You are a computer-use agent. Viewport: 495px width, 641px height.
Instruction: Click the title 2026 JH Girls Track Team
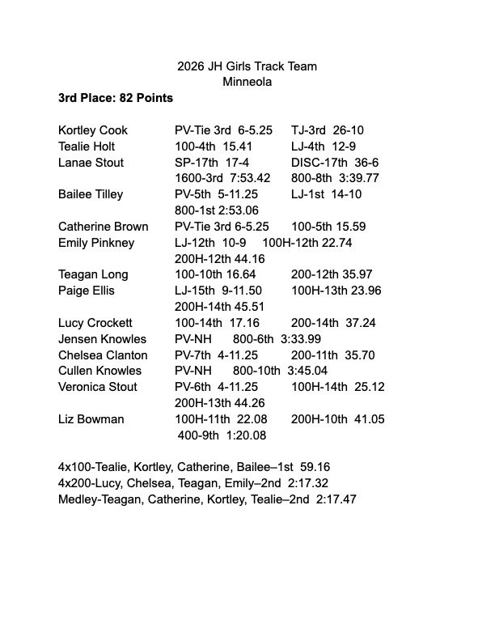coord(247,66)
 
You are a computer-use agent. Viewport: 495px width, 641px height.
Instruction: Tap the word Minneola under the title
coord(247,82)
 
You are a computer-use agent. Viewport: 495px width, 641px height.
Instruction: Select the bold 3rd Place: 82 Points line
coord(116,98)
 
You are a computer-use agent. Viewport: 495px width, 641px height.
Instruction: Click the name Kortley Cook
coord(93,130)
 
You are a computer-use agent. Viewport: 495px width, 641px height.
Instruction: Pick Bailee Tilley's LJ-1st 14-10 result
coord(326,194)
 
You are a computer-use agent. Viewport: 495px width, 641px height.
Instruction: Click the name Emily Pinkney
coord(96,243)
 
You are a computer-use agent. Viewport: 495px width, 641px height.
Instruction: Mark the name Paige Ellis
coord(87,291)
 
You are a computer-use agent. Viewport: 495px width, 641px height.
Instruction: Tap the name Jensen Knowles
coord(102,339)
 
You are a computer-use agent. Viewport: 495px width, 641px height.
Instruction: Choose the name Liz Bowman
coord(91,419)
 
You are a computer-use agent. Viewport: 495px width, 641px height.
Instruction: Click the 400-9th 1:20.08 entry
coord(222,435)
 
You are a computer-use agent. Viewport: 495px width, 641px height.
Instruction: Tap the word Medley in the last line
coord(77,499)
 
